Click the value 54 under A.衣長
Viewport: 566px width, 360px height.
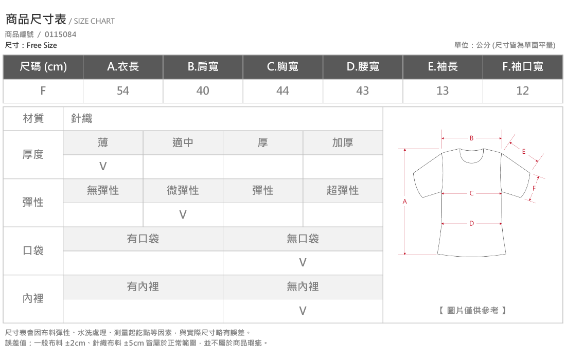click(x=123, y=91)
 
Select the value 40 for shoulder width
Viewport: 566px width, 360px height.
click(x=203, y=91)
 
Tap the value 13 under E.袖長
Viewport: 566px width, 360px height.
click(x=443, y=91)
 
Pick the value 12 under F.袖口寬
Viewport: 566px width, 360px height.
click(x=522, y=91)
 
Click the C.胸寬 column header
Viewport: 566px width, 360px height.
click(x=282, y=66)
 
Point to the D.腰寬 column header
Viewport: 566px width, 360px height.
click(x=363, y=66)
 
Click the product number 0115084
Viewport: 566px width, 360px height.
click(x=60, y=34)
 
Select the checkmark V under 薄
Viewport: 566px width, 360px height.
click(x=103, y=166)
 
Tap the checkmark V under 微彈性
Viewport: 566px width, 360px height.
click(x=183, y=214)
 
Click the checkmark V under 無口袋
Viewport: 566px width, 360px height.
click(x=303, y=263)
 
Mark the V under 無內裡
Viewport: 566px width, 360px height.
click(x=303, y=311)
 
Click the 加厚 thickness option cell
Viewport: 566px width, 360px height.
click(x=343, y=143)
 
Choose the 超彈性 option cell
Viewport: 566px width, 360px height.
click(x=343, y=190)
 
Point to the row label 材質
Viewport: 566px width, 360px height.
click(x=33, y=118)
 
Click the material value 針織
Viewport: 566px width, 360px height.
click(x=82, y=118)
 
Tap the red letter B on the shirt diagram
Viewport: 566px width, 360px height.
click(x=471, y=138)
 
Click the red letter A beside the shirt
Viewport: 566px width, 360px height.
click(x=404, y=202)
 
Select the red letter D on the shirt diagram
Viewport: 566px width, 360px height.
click(x=471, y=224)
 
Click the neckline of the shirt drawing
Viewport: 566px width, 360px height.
click(x=471, y=163)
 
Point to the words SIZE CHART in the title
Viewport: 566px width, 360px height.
click(x=94, y=21)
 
